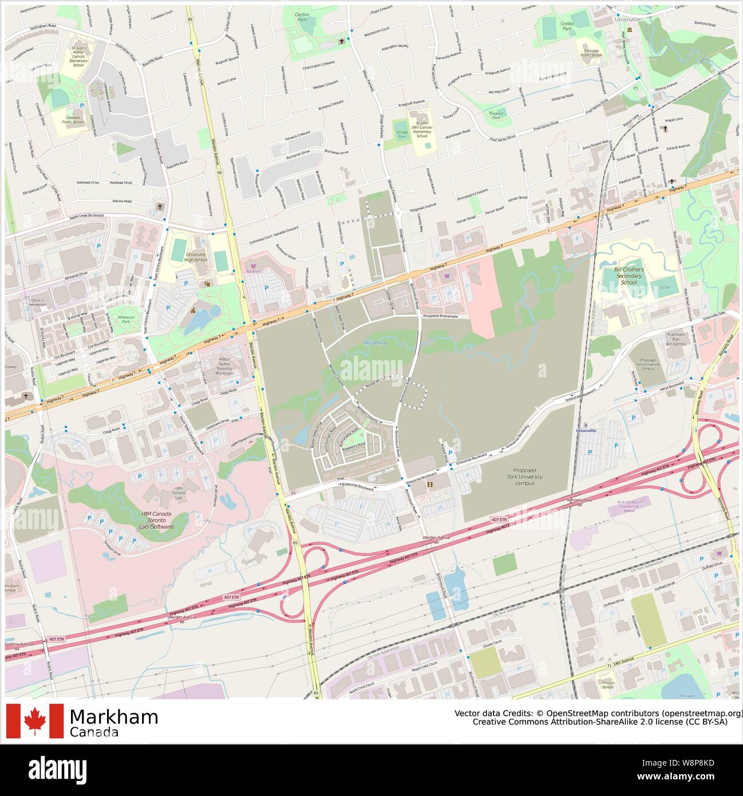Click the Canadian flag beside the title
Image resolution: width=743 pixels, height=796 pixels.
35,720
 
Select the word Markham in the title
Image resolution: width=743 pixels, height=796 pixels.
113,717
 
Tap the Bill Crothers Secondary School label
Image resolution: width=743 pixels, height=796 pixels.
629,275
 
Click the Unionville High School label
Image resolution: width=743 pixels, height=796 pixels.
196,257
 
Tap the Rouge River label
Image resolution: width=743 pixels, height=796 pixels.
376,342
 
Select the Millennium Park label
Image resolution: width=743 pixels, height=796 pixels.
126,319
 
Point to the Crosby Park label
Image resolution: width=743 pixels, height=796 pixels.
567,25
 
